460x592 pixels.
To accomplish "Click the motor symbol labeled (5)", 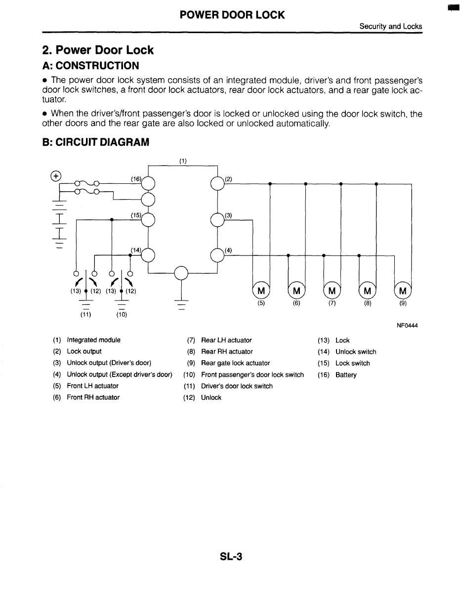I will tap(261, 290).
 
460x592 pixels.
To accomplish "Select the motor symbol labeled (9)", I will tap(403, 290).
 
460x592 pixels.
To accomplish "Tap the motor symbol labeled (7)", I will tap(332, 290).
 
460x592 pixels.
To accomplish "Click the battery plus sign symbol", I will tap(56, 175).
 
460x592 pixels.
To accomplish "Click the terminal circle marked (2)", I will tap(217, 183).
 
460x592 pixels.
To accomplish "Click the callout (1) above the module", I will tap(183, 161).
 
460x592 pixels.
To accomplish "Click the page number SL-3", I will tap(231, 557).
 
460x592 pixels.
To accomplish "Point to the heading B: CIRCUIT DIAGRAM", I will tap(96, 143).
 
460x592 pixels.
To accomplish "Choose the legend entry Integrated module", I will tap(93, 340).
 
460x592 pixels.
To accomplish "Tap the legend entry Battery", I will tap(346, 375).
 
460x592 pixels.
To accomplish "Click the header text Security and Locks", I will tap(390, 26).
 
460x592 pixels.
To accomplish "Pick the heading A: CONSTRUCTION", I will tap(90, 66).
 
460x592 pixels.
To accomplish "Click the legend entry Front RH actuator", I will tap(93, 397).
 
